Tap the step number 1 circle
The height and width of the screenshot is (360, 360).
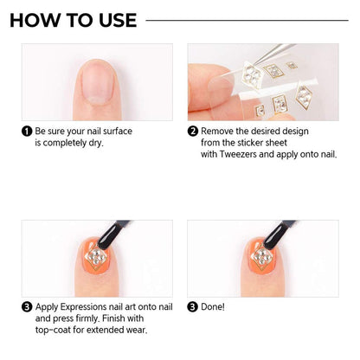[x=27, y=132]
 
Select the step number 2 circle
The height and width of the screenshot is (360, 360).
[x=193, y=132]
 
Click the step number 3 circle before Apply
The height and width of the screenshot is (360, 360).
[x=27, y=306]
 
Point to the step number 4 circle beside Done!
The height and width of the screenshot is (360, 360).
[x=193, y=306]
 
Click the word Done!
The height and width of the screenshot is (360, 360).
[x=213, y=306]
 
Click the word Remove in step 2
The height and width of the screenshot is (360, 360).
[x=220, y=132]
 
